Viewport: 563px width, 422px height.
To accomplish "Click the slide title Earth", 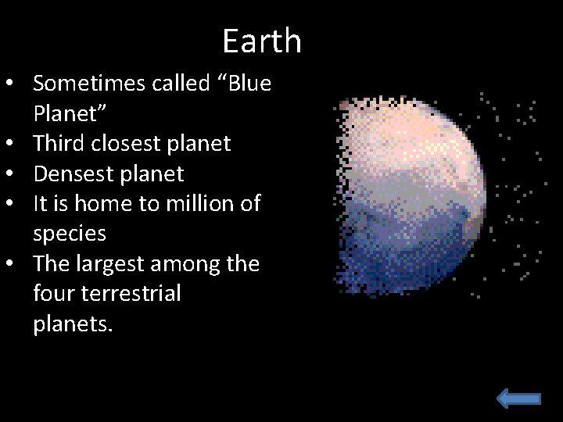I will [x=261, y=41].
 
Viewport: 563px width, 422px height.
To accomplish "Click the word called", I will [x=179, y=84].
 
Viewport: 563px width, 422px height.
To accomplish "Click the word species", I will [x=69, y=234].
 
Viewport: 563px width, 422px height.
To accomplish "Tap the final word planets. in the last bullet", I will [x=73, y=324].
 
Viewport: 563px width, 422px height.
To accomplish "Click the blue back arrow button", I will [x=518, y=399].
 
